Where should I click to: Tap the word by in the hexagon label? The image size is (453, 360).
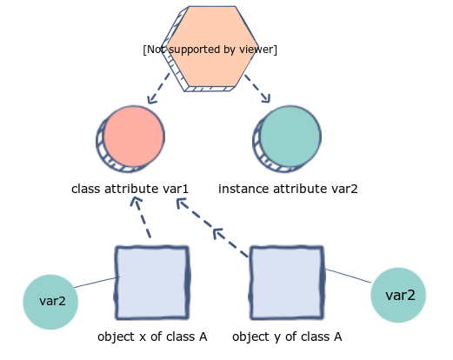230,50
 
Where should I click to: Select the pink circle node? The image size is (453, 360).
132,137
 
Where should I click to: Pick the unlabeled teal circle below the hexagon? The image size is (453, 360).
289,137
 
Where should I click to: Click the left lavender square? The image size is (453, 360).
152,283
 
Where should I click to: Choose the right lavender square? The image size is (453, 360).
287,283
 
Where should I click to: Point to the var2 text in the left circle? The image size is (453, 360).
52,302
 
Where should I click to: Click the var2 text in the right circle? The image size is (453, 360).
400,296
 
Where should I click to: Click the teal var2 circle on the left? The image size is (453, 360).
50,302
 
